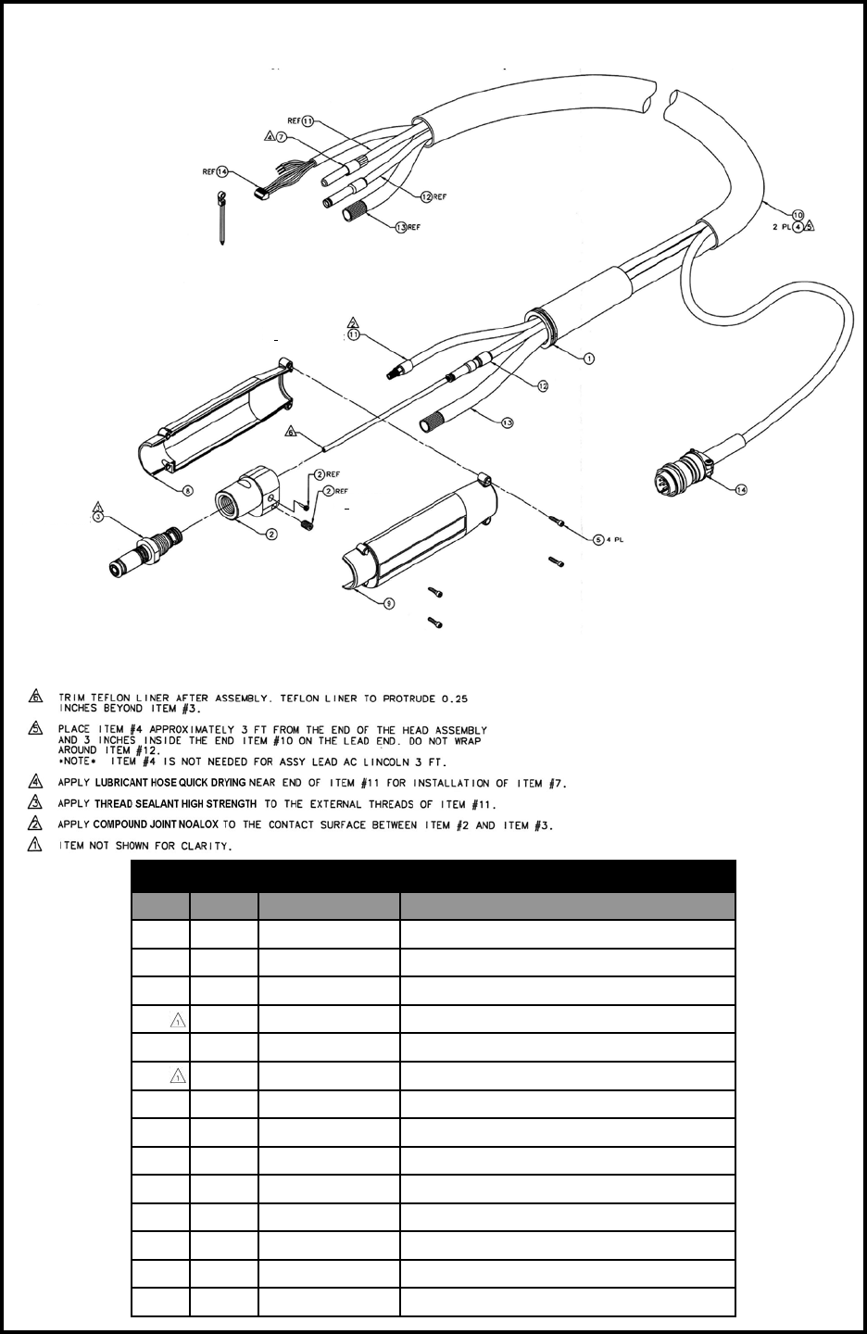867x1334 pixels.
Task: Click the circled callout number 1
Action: point(589,358)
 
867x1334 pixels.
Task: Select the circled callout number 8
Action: point(188,491)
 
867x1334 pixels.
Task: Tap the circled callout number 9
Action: point(389,603)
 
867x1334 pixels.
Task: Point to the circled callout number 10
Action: point(798,214)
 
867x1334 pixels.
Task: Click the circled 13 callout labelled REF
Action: point(401,227)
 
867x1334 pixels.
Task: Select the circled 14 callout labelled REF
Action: point(222,171)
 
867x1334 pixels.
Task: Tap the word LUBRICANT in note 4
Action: point(124,784)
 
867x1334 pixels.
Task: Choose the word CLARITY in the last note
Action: point(205,846)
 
